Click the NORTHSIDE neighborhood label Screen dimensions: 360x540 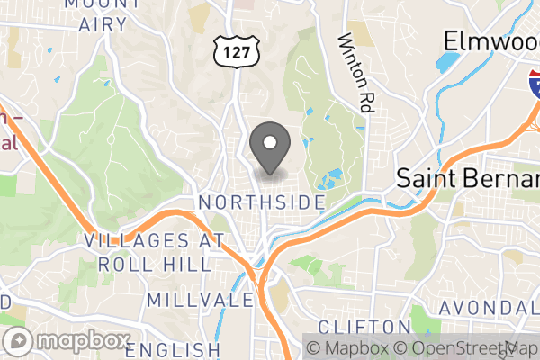(x=262, y=202)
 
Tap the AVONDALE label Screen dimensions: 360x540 (x=490, y=307)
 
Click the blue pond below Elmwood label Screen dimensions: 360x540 (x=447, y=63)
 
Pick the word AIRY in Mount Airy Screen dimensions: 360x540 (x=102, y=25)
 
